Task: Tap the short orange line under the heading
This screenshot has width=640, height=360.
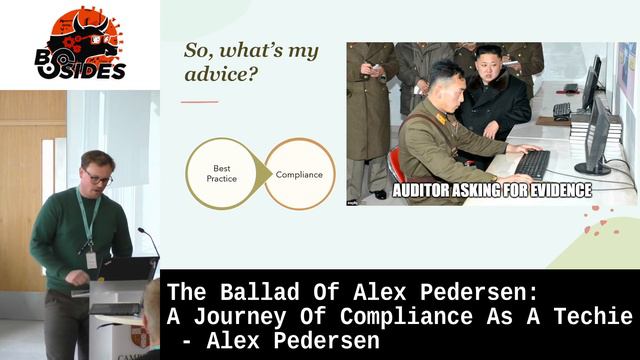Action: coord(199,101)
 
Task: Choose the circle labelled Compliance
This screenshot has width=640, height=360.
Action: coord(299,174)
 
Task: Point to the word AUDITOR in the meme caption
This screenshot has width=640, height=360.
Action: coord(431,189)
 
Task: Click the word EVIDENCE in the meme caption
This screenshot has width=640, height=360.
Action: coord(553,189)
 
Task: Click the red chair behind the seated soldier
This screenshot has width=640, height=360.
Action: coord(396,165)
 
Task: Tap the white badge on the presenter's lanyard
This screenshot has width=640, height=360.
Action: coord(91,259)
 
